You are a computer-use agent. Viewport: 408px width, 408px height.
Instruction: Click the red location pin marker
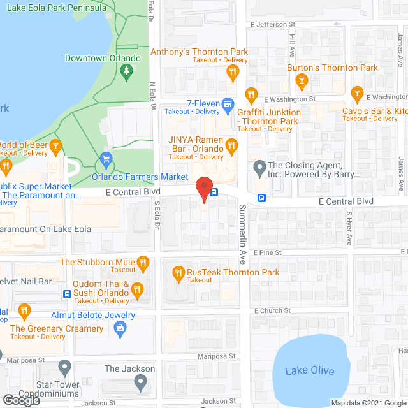point(203,189)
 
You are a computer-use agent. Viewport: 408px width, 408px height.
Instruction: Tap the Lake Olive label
point(309,372)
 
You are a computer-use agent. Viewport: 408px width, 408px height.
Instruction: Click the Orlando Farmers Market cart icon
point(107,159)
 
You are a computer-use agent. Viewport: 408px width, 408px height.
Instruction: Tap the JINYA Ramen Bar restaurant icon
point(232,147)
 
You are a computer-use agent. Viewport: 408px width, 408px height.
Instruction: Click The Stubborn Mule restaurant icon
point(143,262)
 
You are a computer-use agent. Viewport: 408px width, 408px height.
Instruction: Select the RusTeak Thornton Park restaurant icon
point(179,273)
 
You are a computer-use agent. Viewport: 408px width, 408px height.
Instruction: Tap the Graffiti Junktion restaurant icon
point(251,95)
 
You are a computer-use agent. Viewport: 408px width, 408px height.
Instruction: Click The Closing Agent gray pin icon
point(259,168)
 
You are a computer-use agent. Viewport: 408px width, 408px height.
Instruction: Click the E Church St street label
point(272,310)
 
